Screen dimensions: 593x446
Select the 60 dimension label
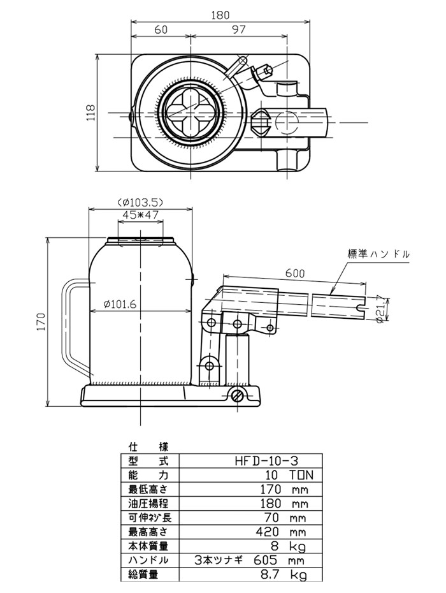(x=161, y=31)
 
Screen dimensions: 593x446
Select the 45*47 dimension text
(x=140, y=215)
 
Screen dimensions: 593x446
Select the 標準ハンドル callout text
(x=378, y=254)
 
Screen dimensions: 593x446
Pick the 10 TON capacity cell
(x=288, y=475)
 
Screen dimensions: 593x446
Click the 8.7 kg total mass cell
(x=285, y=575)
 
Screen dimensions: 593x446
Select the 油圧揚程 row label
(x=148, y=504)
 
